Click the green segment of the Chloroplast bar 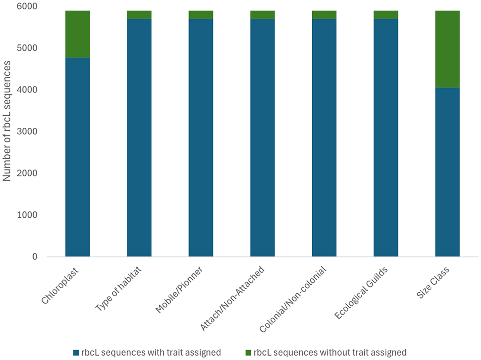(77, 34)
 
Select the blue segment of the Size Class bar (447, 172)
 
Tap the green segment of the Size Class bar (447, 49)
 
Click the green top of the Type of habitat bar (139, 14)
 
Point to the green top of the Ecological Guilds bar (386, 14)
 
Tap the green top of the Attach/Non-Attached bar (263, 14)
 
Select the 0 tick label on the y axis (36, 257)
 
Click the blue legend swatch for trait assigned (76, 353)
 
